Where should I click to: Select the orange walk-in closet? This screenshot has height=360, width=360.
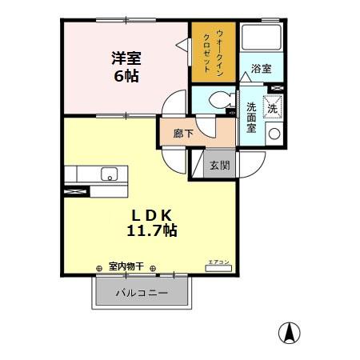click(214, 52)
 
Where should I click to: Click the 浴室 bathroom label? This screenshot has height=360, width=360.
click(262, 69)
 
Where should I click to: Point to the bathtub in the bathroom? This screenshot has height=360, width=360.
click(262, 39)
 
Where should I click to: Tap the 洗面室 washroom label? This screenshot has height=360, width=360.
click(251, 118)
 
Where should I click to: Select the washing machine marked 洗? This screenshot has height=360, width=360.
click(273, 106)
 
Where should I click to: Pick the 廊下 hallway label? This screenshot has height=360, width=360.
click(183, 134)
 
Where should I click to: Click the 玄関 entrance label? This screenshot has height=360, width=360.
click(220, 166)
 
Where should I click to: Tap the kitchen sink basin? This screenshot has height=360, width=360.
click(108, 174)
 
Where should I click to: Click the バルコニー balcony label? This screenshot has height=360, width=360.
click(142, 293)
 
